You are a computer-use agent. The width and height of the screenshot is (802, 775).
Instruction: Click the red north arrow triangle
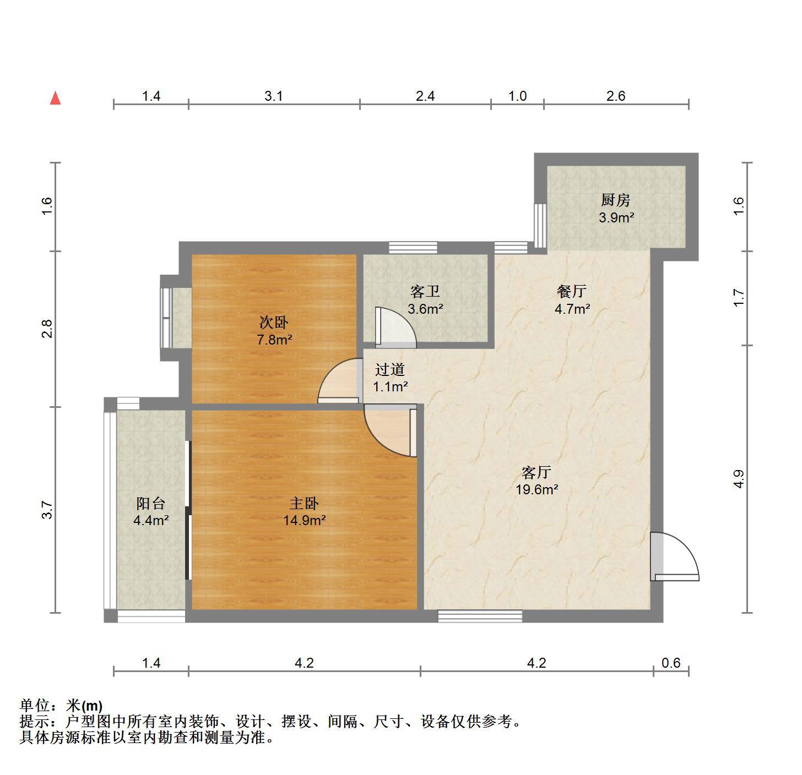coord(56,99)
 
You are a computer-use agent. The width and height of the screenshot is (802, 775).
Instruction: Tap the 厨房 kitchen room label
coord(616,200)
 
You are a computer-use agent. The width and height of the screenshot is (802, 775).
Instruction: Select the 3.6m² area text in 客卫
coord(425,309)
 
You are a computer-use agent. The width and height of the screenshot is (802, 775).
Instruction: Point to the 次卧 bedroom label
coord(274,322)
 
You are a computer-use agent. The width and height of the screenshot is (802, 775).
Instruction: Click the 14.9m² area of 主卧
coord(305,521)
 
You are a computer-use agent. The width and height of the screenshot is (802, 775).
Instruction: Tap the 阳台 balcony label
coord(151,503)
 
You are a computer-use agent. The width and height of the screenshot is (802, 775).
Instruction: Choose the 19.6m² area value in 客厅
coord(537,490)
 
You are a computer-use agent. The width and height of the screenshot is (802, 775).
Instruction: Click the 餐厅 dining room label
coord(572,292)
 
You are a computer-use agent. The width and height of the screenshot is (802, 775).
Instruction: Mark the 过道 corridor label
coord(390,369)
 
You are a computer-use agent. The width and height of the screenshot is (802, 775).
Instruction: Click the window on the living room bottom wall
coord(480,616)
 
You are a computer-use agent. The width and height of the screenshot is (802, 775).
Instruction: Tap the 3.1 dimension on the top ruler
coord(274,96)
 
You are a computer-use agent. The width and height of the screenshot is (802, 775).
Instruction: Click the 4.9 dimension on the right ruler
coord(739,479)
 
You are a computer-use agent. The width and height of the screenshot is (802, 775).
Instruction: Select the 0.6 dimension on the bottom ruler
coord(671,663)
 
